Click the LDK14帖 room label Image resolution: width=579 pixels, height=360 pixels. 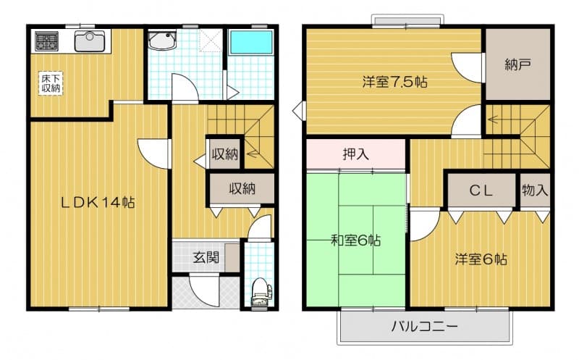point(98,203)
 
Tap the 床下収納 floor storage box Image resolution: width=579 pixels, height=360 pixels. point(51,83)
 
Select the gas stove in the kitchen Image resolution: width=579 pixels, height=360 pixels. point(46,41)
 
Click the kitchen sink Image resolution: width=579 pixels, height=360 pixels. point(89,41)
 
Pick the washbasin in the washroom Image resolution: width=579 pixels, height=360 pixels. point(162,41)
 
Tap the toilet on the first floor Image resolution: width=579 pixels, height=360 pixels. point(261,291)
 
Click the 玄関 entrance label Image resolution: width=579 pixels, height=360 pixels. point(206,257)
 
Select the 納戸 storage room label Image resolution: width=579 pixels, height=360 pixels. point(517,64)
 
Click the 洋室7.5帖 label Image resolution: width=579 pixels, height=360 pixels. point(394,81)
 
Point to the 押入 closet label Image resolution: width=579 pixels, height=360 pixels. point(355,154)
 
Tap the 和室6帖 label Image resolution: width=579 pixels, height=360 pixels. point(355,240)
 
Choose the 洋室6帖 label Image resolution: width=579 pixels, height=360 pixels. point(481,259)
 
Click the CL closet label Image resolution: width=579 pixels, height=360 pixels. point(481,191)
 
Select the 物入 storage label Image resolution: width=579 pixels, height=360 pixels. point(535,190)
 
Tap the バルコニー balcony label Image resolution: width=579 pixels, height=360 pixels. point(425,327)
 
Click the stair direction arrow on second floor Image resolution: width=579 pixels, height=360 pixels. point(493,120)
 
